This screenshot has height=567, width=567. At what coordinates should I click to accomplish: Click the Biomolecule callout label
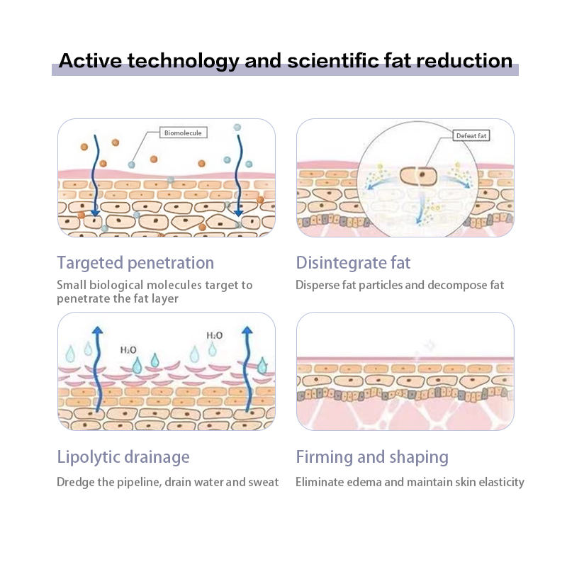point(183,133)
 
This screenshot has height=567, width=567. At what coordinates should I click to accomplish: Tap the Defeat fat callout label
point(471,135)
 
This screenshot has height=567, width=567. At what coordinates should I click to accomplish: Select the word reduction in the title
point(464,60)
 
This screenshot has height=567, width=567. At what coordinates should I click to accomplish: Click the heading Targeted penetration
point(135,263)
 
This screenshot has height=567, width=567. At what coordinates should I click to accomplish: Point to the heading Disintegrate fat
point(353,263)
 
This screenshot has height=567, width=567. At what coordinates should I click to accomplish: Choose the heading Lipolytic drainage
point(123,457)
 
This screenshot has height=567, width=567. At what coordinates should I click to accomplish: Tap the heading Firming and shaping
point(372,457)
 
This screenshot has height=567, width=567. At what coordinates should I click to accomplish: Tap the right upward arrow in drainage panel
point(247,369)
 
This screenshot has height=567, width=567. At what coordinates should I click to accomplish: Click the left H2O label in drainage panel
point(128,349)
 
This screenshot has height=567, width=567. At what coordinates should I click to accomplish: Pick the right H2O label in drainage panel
point(214,335)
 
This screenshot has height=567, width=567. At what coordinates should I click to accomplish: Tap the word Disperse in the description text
point(318,286)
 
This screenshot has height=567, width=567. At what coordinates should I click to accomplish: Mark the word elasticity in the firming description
point(500,483)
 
